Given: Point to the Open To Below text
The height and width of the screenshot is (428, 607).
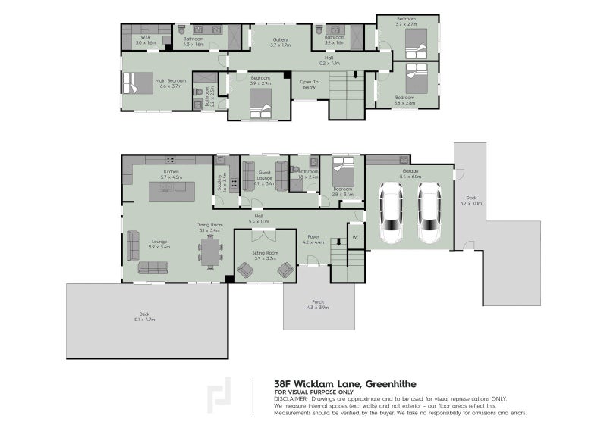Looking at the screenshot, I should [308, 83].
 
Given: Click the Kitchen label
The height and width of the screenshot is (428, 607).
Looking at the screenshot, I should [170, 173].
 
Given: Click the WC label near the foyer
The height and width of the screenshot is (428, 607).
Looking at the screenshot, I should [356, 238].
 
